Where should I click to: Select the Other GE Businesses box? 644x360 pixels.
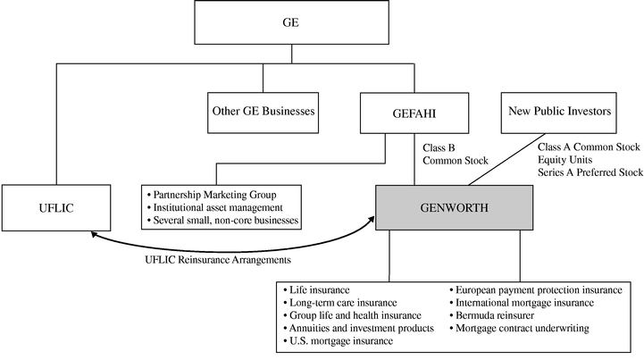tap(263, 112)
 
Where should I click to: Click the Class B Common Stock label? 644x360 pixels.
tap(456, 153)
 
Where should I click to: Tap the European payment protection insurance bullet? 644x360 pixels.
tap(538, 290)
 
